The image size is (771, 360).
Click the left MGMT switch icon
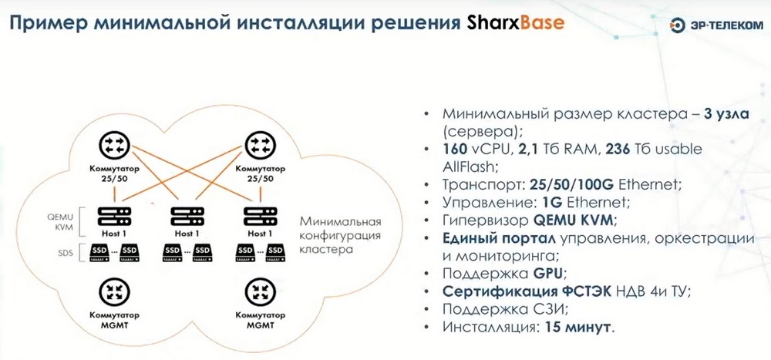[x=114, y=291]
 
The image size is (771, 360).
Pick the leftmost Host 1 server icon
[x=114, y=216]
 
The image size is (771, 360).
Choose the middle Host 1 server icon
[x=187, y=216]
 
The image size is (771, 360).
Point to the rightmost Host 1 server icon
[x=260, y=216]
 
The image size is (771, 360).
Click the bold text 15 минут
[x=577, y=327]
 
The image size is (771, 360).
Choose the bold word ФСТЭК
[x=582, y=291]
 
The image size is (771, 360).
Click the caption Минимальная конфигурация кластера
[x=340, y=234]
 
